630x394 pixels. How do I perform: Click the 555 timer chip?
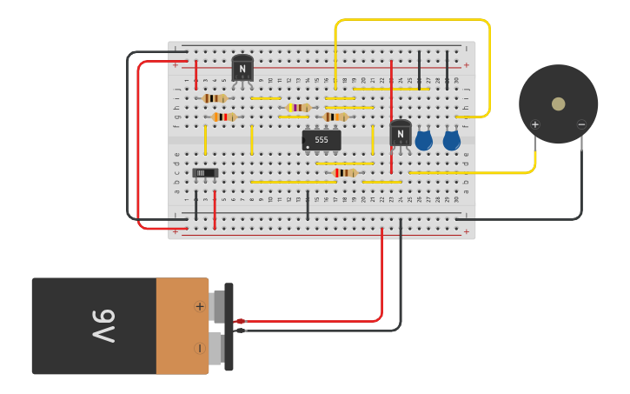pos(322,139)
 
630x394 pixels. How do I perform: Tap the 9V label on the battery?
pos(103,326)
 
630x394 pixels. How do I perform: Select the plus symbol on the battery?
pos(200,306)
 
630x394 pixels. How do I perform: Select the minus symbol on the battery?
pos(200,348)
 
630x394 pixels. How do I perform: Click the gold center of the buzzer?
pos(558,104)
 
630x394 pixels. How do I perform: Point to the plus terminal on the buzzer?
pos(535,124)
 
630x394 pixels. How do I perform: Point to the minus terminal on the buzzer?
pos(581,124)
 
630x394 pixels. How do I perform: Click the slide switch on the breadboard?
pos(205,173)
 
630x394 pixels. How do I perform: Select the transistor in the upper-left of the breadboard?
pos(242,68)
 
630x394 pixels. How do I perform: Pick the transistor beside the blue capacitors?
pos(401,132)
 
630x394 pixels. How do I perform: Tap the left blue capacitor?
pos(424,140)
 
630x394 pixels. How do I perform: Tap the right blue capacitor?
pos(451,140)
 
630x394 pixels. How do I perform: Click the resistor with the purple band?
pos(298,108)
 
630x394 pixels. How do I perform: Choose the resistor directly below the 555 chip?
pos(345,172)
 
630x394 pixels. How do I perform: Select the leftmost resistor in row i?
pos(215,98)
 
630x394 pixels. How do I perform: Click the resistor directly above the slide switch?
pos(223,117)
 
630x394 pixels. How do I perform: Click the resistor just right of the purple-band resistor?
pos(335,117)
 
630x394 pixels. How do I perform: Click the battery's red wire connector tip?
pos(240,321)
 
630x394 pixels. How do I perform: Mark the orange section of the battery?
pos(182,326)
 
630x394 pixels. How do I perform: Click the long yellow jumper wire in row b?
pos(293,182)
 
